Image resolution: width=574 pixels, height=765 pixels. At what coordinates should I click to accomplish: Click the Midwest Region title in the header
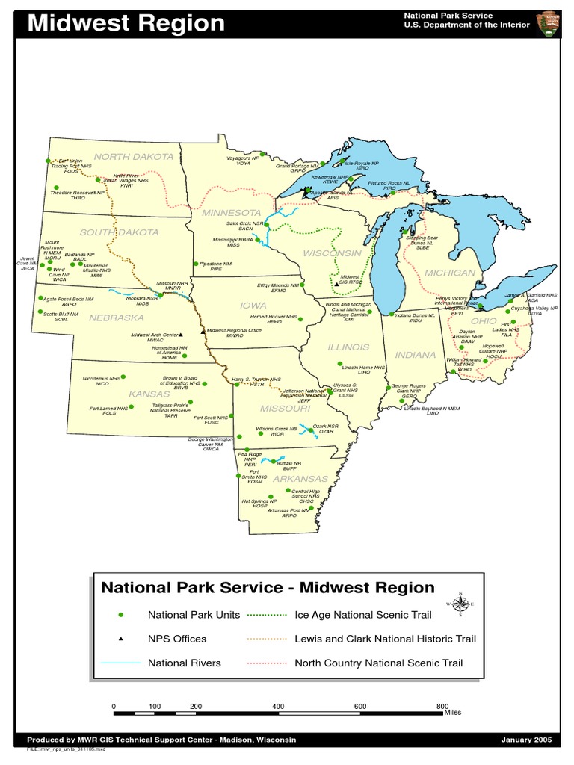pos(126,23)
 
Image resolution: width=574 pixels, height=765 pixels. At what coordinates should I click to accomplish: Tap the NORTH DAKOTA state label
pos(133,157)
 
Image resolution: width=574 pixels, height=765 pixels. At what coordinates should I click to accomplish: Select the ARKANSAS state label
pos(300,478)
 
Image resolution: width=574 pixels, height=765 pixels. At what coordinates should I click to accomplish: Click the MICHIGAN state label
pos(450,273)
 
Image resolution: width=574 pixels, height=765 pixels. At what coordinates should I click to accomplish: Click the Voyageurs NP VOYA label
pos(243,161)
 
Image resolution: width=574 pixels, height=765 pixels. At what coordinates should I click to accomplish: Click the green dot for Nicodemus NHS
pos(123,377)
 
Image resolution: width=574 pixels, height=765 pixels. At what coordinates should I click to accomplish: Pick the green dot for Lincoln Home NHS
pos(339,364)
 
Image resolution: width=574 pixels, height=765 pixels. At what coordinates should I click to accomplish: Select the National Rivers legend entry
pos(184,663)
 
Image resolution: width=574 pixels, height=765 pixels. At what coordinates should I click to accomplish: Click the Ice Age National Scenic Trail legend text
pos(363,615)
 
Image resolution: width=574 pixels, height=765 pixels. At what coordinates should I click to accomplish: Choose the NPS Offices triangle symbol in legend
pos(120,639)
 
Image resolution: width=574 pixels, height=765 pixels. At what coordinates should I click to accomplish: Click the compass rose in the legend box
pos(460,604)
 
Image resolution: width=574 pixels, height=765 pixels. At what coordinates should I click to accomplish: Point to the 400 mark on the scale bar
pos(278,706)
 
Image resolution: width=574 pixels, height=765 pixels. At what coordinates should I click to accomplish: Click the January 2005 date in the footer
pos(526,740)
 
